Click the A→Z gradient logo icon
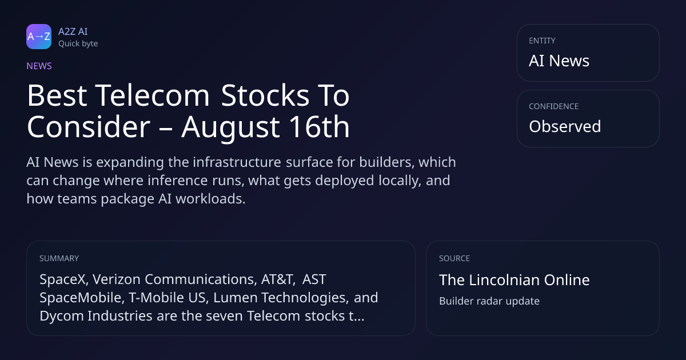pos(39,37)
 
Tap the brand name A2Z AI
pos(73,31)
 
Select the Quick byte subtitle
pos(78,43)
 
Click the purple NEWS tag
pos(39,66)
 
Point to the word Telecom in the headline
pos(152,95)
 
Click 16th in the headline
pos(319,127)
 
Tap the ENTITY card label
pos(542,41)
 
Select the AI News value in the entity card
pos(559,61)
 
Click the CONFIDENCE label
pos(554,106)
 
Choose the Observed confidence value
pos(565,126)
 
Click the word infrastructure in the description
pos(237,162)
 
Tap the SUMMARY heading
pos(59,258)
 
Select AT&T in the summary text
pos(278,279)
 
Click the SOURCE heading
pos(454,258)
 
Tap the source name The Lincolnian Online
pos(514,280)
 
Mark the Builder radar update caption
pos(489,301)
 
